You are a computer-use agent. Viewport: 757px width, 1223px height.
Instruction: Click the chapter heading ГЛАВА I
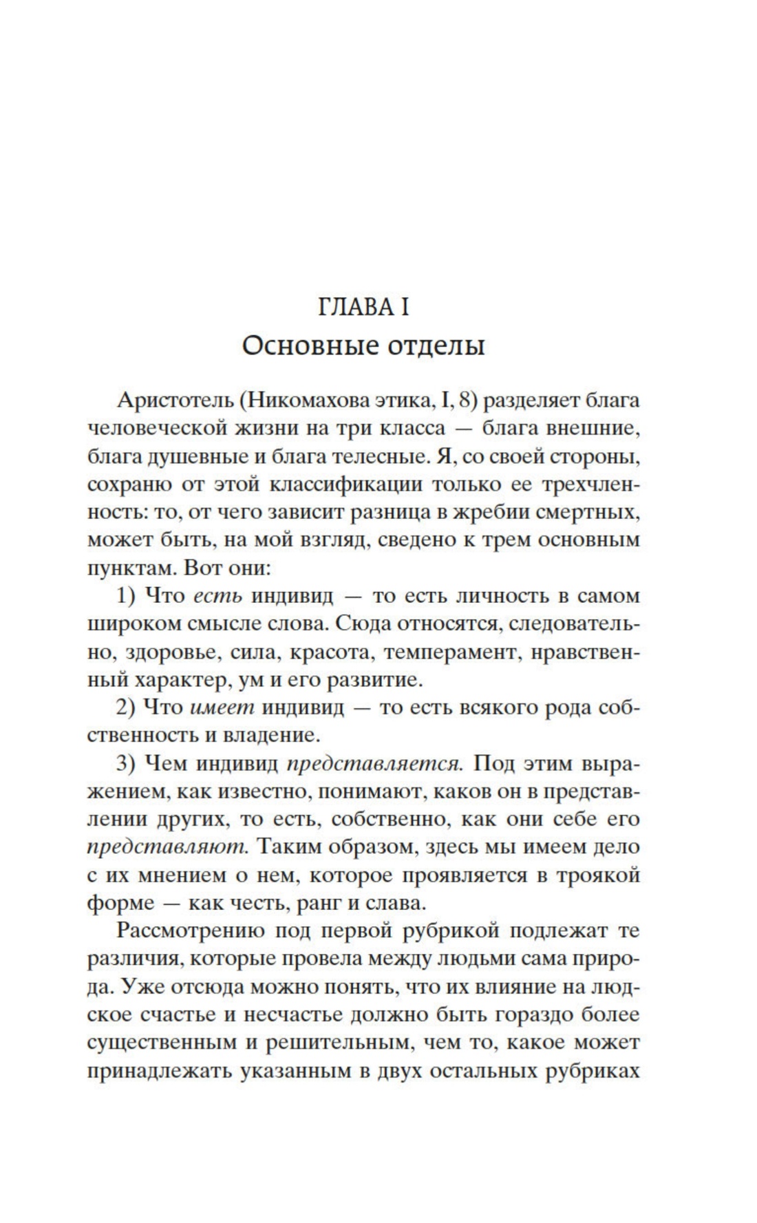pos(363,307)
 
